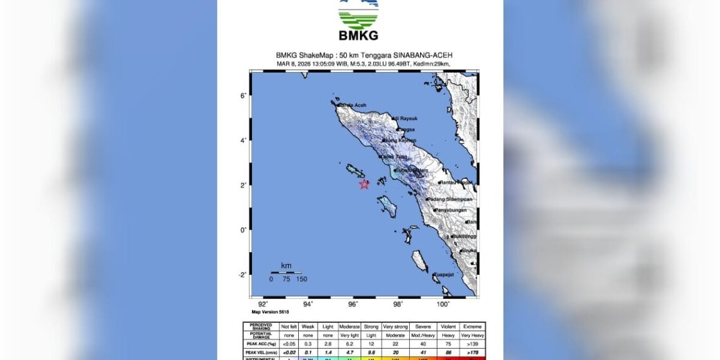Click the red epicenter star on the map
point(364,184)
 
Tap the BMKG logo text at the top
point(358,35)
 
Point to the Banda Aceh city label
point(352,105)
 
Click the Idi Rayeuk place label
point(405,118)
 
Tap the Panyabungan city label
point(453,210)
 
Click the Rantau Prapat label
point(457,183)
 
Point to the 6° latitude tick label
point(242,96)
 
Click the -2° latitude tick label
point(241,275)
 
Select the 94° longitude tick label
point(308,304)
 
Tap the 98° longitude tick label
point(398,304)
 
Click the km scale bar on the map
point(286,272)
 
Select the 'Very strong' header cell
point(395,327)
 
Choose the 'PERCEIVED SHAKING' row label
point(260,327)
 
